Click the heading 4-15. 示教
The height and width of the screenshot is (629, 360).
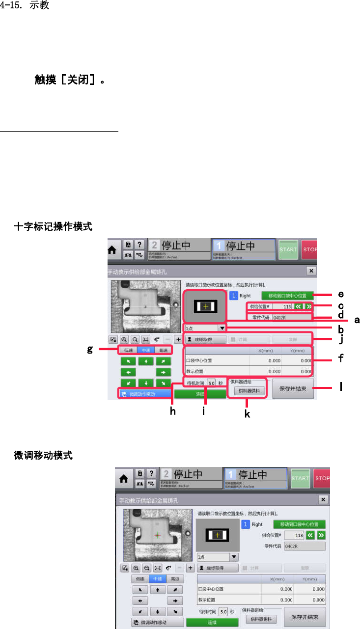(25, 6)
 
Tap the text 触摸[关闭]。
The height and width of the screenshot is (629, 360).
(69, 80)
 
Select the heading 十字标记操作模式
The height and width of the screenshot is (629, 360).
(53, 227)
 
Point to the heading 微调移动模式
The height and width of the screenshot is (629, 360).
(44, 456)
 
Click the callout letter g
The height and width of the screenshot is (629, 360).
(90, 349)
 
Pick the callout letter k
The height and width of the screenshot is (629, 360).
(247, 414)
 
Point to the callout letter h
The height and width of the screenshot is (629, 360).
(173, 412)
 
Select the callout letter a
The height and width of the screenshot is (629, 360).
(357, 320)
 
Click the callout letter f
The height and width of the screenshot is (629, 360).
(340, 359)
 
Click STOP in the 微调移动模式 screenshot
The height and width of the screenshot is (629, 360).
(322, 478)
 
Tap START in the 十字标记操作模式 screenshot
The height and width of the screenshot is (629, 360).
(288, 249)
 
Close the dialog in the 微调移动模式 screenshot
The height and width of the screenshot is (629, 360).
(323, 499)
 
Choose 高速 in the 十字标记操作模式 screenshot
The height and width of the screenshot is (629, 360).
(164, 351)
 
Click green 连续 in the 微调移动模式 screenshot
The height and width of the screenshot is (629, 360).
(212, 622)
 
